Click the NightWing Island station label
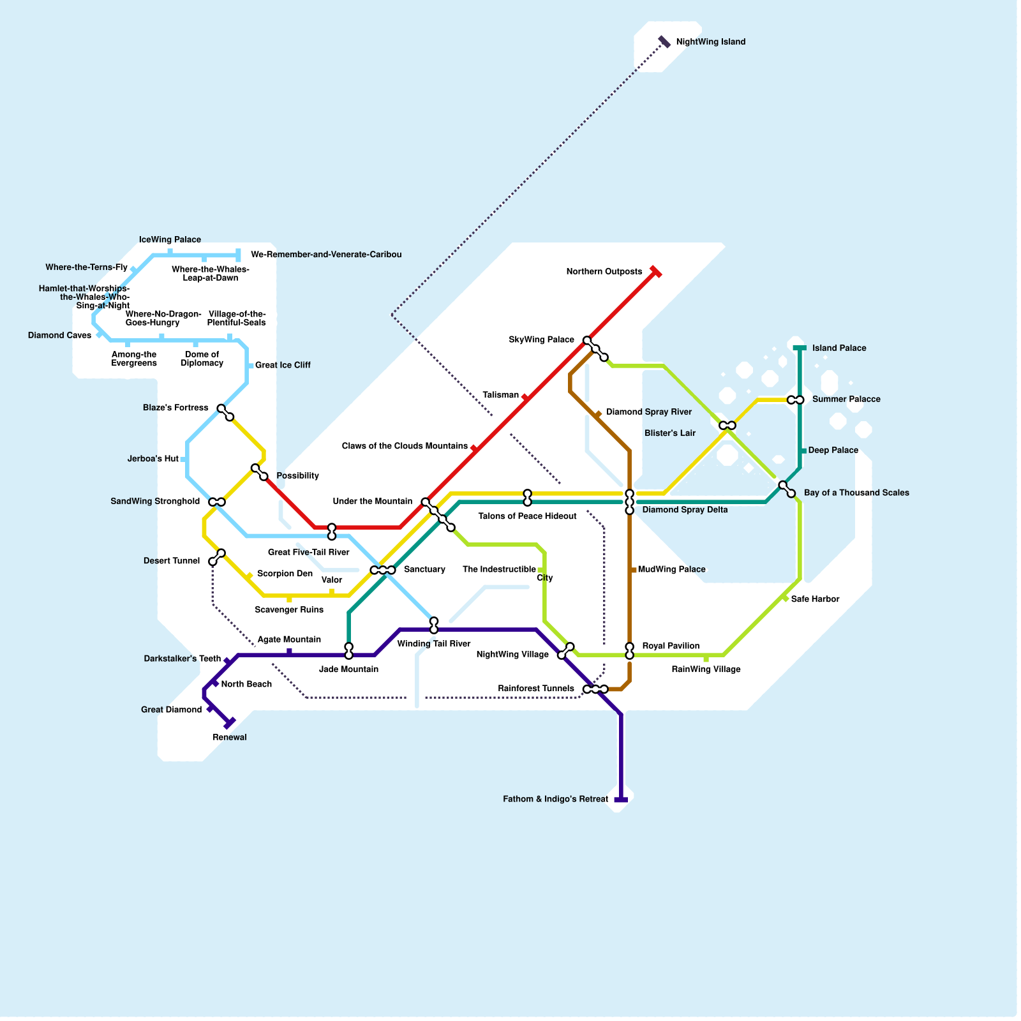coord(710,42)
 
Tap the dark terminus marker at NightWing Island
coord(664,41)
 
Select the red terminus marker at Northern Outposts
coord(655,271)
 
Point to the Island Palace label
coord(839,348)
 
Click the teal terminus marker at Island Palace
coord(800,348)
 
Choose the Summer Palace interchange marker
coord(796,400)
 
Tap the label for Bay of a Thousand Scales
coord(856,493)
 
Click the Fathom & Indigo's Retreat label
coord(555,799)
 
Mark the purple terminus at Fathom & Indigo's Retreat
coord(621,800)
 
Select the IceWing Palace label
coord(170,240)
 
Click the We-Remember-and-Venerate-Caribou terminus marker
coord(238,255)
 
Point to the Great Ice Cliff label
coord(283,366)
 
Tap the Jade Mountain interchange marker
coord(348,651)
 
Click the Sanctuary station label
coord(424,569)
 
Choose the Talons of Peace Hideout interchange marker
coord(527,498)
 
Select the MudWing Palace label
coord(671,569)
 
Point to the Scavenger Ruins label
coord(289,610)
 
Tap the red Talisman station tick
coord(525,398)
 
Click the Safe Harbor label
coord(815,599)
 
